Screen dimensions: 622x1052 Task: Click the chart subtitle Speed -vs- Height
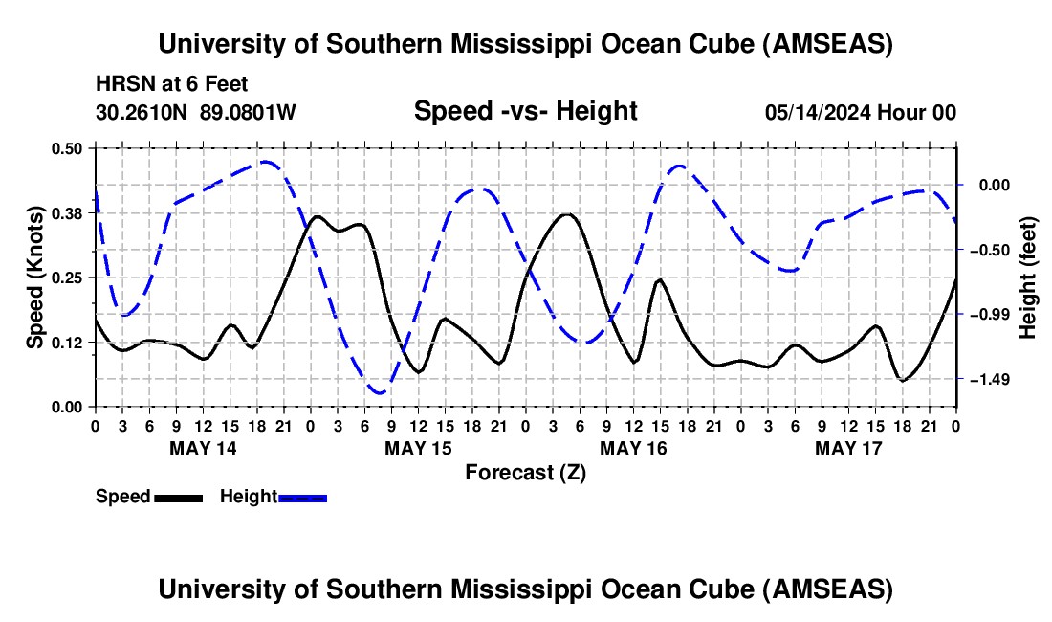tap(525, 111)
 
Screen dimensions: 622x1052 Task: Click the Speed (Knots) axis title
tap(35, 278)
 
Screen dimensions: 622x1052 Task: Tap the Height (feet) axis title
tap(1028, 278)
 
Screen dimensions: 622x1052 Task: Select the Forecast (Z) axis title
tap(525, 472)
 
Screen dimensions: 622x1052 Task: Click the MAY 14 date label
tap(202, 448)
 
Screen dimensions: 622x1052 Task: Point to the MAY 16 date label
tap(633, 448)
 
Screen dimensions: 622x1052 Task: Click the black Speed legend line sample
tap(177, 497)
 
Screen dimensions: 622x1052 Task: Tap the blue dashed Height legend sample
tap(302, 497)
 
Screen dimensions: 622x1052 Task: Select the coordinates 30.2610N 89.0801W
tap(196, 112)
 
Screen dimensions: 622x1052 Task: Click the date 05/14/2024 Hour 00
tap(861, 112)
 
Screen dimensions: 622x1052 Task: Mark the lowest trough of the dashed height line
tap(380, 392)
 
